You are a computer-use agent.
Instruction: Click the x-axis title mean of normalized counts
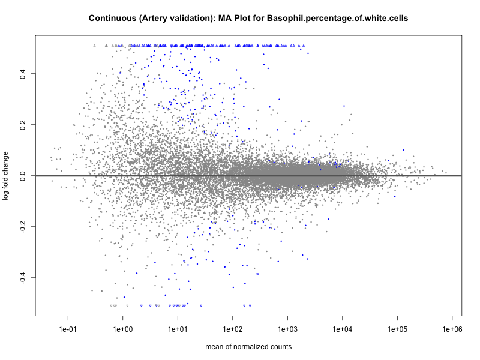[248, 347]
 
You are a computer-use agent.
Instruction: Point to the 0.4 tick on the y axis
[23, 74]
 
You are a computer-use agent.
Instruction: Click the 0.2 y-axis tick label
[23, 125]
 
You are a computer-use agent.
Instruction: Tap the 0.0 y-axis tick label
[23, 176]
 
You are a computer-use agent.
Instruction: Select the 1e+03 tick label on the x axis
[287, 330]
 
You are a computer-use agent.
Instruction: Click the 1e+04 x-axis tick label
[342, 330]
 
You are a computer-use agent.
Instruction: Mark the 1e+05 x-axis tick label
[397, 330]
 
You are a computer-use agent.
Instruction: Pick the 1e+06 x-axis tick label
[452, 330]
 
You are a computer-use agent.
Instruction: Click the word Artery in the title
[153, 19]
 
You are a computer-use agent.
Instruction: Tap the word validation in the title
[186, 19]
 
